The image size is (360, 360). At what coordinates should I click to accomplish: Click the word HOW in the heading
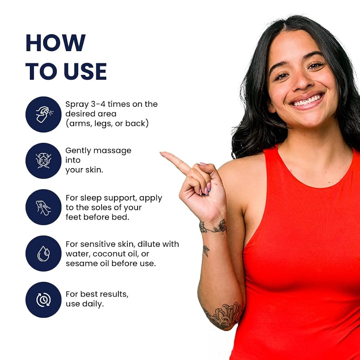click(x=56, y=43)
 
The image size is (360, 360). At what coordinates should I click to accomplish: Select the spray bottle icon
click(x=44, y=114)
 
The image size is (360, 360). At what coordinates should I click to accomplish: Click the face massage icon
click(x=44, y=161)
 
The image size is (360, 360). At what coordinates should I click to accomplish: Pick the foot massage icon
click(x=44, y=207)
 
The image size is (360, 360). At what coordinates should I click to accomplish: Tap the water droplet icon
click(x=44, y=253)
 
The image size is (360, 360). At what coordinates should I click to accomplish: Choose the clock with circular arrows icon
click(x=44, y=300)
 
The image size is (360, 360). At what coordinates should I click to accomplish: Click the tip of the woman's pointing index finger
click(x=161, y=153)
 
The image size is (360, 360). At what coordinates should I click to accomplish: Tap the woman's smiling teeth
click(x=307, y=101)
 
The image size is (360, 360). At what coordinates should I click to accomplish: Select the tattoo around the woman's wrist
click(x=213, y=226)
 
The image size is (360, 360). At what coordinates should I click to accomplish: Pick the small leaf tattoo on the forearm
click(x=206, y=251)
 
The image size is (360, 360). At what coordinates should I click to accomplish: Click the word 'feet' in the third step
click(x=73, y=217)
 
